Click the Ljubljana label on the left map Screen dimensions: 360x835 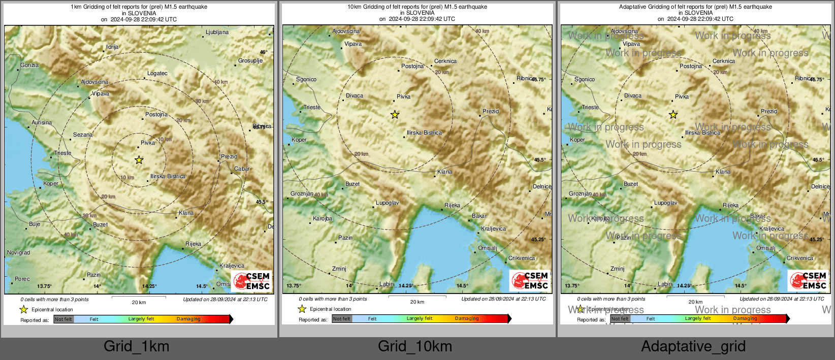point(217,32)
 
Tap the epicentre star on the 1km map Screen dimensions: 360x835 point(139,160)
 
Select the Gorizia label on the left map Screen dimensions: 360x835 point(29,65)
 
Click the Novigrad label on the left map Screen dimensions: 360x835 point(18,252)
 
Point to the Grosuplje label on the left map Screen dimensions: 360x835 point(250,60)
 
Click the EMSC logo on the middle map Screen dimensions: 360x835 point(530,280)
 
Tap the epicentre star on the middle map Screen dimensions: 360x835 point(395,115)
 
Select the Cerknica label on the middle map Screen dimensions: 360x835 point(445,61)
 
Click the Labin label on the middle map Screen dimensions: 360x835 point(387,284)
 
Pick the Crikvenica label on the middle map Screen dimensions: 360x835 point(522,258)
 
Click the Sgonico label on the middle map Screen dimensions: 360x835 point(306,79)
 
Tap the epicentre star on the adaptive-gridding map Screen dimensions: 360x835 point(673,115)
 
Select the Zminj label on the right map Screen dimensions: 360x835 point(618,269)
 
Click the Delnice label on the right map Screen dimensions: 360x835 point(820,186)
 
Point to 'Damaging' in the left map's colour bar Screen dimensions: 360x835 point(188,319)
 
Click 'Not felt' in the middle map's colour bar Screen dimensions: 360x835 point(342,319)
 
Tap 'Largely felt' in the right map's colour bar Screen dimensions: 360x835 point(698,318)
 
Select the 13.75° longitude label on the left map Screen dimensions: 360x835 point(45,286)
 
